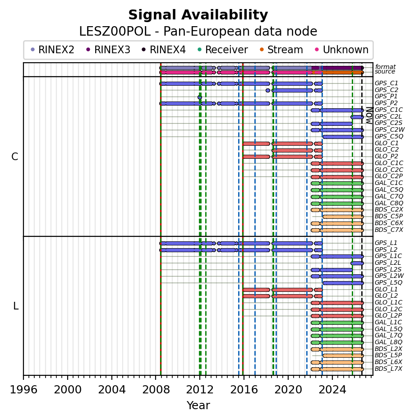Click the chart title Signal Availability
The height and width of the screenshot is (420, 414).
pyautogui.click(x=198, y=15)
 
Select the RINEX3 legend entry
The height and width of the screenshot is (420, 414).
pyautogui.click(x=108, y=50)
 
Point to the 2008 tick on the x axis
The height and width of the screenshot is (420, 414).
pyautogui.click(x=156, y=377)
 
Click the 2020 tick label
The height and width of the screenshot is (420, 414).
pyautogui.click(x=288, y=389)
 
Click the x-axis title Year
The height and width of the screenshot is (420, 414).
pyautogui.click(x=198, y=406)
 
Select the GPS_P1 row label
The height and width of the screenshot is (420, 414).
pyautogui.click(x=386, y=97)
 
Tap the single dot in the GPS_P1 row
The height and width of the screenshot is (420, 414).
pyautogui.click(x=199, y=97)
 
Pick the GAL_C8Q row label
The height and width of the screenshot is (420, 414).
pyautogui.click(x=389, y=203)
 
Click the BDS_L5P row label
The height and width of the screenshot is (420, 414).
pyautogui.click(x=388, y=355)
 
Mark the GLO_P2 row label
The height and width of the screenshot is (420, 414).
pyautogui.click(x=386, y=157)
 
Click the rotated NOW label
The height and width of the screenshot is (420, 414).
pyautogui.click(x=369, y=115)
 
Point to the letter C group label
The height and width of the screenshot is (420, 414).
pyautogui.click(x=15, y=157)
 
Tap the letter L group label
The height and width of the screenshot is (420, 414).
pyautogui.click(x=16, y=306)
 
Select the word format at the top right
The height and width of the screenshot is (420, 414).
pyautogui.click(x=385, y=67)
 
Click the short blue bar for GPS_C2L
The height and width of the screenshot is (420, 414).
pyautogui.click(x=357, y=117)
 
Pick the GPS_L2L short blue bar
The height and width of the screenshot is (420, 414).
pyautogui.click(x=357, y=263)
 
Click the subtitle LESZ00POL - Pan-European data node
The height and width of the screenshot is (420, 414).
pyautogui.click(x=198, y=32)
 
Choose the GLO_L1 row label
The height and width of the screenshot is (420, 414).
pyautogui.click(x=386, y=289)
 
